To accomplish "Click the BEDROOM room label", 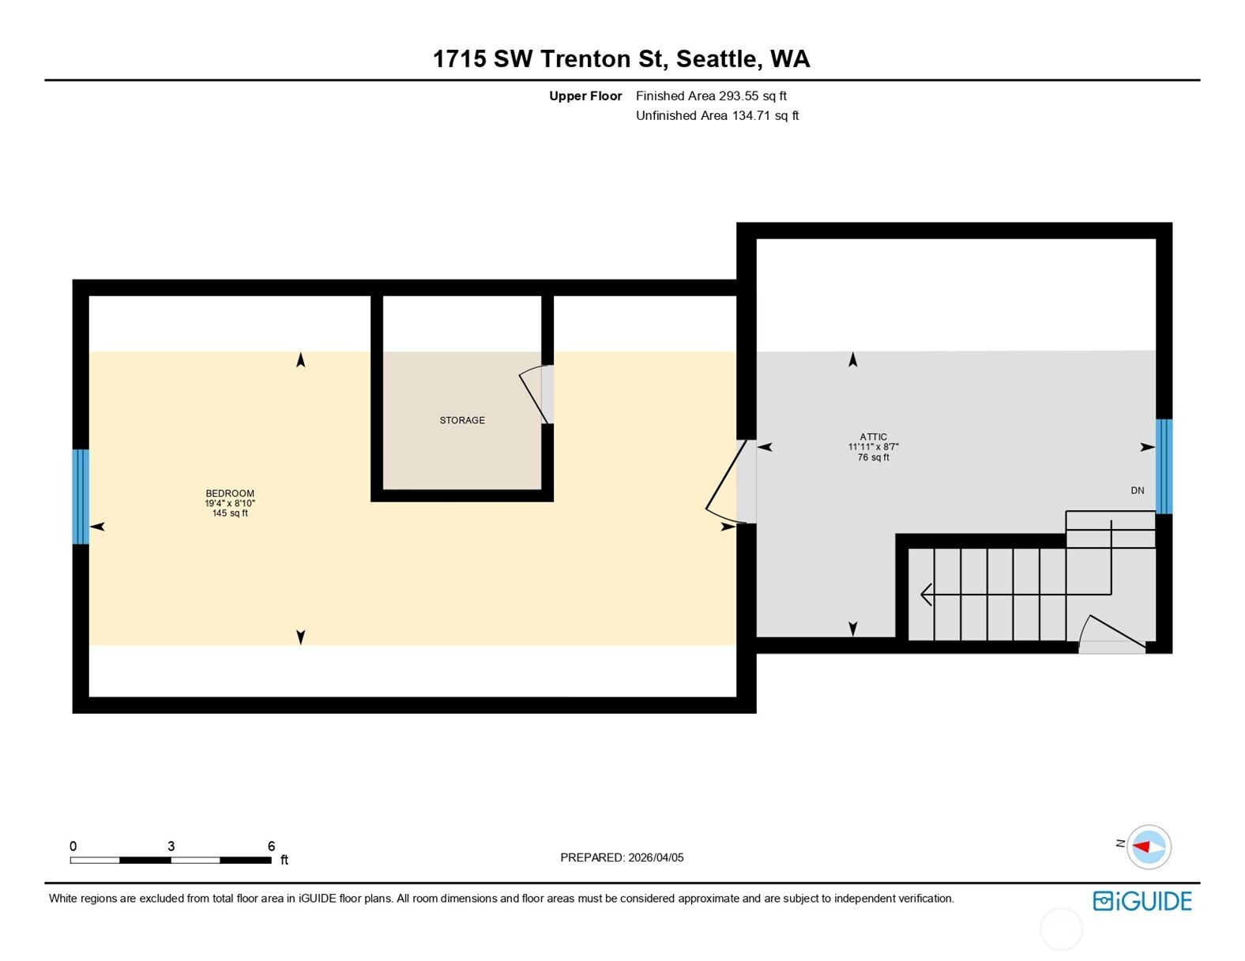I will point(230,494).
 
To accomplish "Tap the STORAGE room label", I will point(462,420).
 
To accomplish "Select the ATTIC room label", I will point(873,437).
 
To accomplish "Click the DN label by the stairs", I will point(1137,490).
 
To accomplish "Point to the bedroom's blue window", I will point(81,497).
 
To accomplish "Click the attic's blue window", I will point(1164,466).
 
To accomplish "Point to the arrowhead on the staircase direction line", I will point(926,594).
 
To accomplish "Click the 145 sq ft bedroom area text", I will point(230,513).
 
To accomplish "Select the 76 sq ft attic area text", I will point(873,457).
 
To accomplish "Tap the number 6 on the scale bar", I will point(271,846).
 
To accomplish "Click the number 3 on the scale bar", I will point(171,846).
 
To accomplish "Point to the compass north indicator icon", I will point(1148,847).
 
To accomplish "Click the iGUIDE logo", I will point(1142,901).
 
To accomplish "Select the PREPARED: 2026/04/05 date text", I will point(622,858).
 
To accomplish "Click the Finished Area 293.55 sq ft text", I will point(711,96).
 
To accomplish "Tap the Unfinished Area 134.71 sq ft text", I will point(717,115).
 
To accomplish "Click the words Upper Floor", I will point(585,96).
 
